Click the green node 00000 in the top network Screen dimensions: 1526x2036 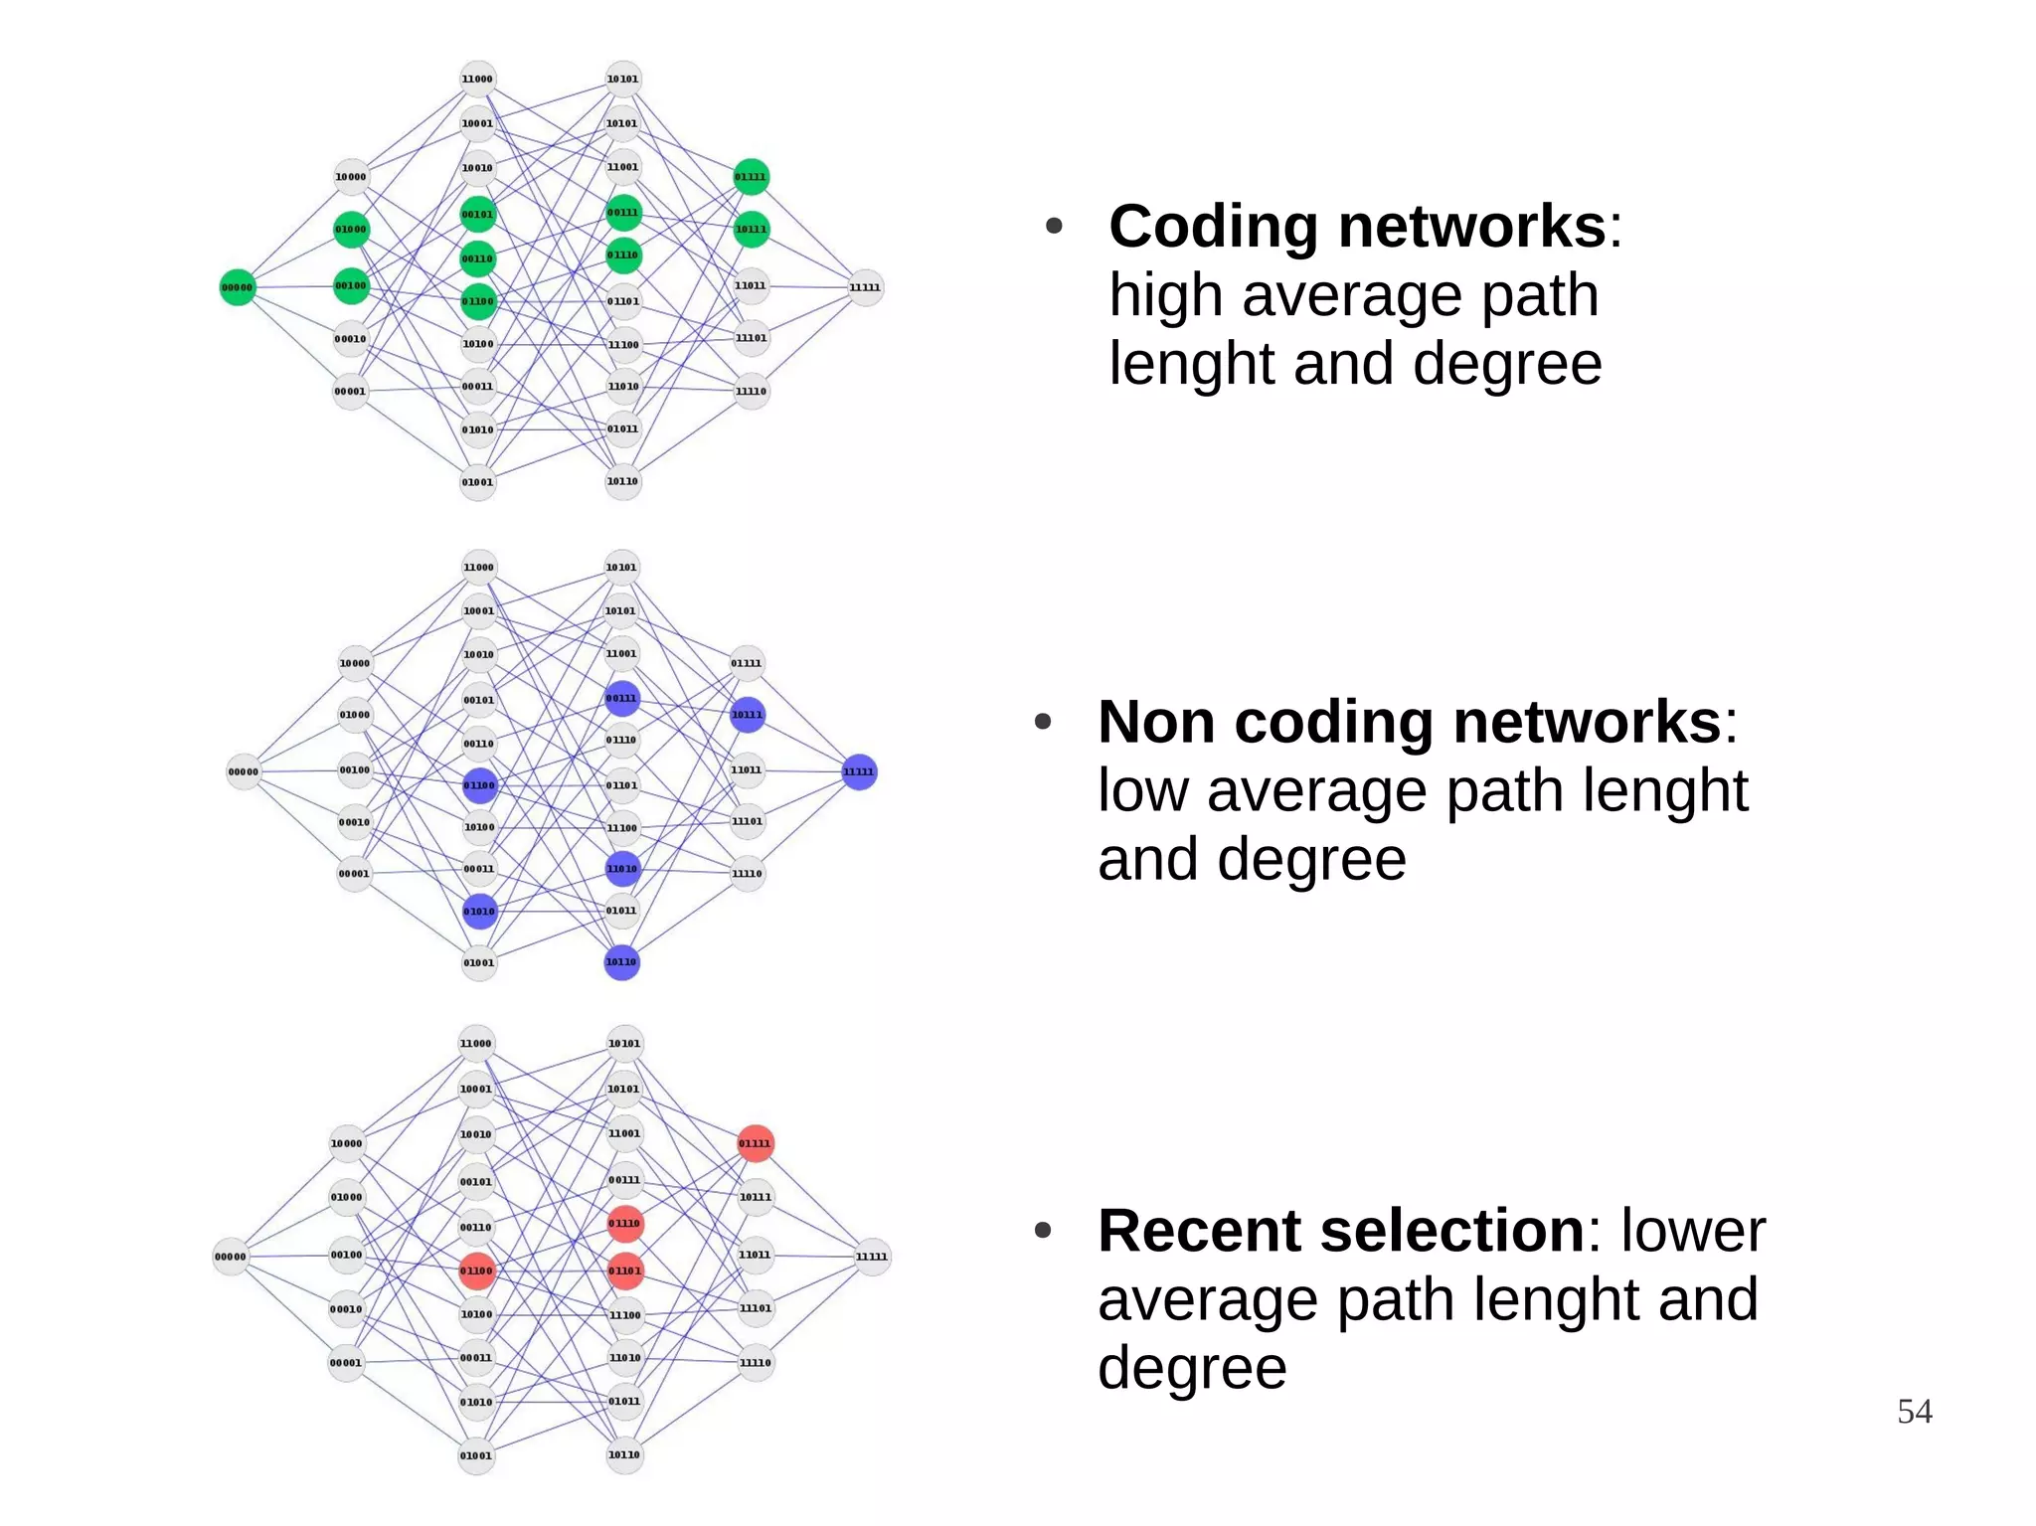coord(237,287)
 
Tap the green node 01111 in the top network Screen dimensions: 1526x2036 coord(751,177)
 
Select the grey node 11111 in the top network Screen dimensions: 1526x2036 coord(865,287)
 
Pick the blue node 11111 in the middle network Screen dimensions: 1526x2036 coord(859,771)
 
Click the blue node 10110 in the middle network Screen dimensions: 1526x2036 coord(621,961)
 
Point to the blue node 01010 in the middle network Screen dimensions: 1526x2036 coord(479,911)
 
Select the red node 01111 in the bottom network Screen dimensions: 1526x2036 coord(755,1143)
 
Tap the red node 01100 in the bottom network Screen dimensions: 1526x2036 coord(476,1271)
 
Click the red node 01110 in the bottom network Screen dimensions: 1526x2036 coord(624,1223)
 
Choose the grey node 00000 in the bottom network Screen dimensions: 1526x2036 coord(231,1257)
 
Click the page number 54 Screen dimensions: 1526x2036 coord(1914,1412)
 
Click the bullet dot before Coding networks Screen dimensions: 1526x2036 coord(1054,227)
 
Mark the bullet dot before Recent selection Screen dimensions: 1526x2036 coord(1043,1231)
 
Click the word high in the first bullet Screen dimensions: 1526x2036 coord(1166,296)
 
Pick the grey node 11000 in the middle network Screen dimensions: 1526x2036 coord(478,568)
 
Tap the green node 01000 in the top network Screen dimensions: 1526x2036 coord(351,229)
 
